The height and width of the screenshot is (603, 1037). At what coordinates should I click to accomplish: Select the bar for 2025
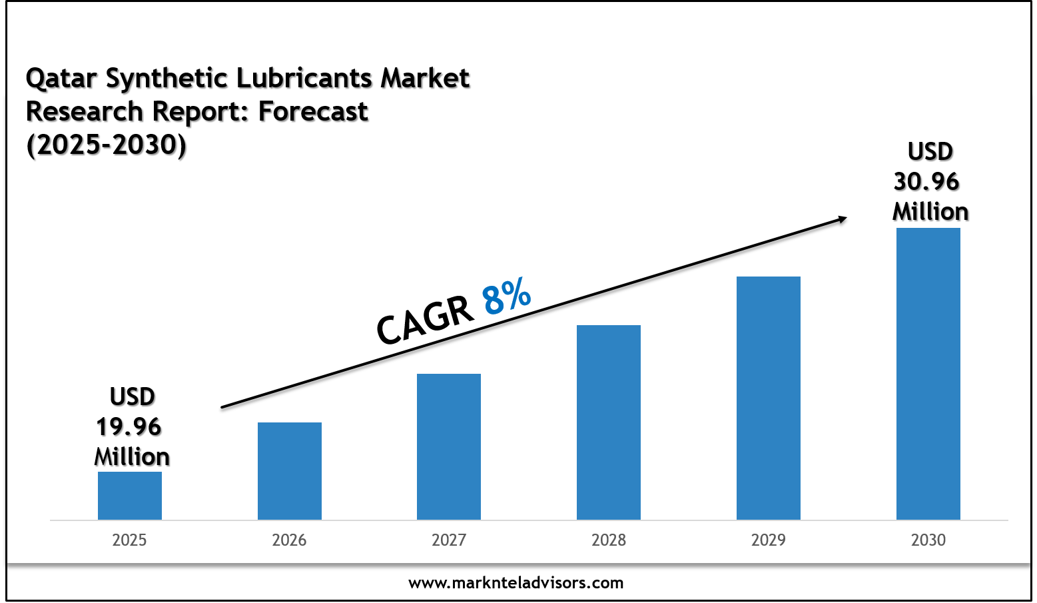coord(130,496)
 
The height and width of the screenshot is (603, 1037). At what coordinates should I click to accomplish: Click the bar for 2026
coord(290,471)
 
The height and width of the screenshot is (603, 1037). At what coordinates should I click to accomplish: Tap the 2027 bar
coord(449,446)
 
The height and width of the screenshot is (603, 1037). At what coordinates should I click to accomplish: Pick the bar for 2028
coord(609,422)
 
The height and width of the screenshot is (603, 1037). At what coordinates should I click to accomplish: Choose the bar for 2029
coord(769,398)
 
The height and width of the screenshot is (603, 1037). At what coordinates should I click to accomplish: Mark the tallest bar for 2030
coord(928,374)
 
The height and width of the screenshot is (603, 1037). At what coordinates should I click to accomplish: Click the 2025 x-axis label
coord(129,540)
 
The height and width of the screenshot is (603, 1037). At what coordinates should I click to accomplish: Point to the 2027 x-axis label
coord(449,540)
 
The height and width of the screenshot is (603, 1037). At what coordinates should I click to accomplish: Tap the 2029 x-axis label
coord(769,540)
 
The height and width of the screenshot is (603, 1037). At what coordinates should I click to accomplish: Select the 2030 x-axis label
coord(928,540)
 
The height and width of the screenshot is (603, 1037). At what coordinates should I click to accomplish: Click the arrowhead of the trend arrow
coord(842,218)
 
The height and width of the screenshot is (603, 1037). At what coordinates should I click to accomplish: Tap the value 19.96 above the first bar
coord(129,426)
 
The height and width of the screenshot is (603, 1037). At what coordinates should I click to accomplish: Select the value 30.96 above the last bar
coord(926,181)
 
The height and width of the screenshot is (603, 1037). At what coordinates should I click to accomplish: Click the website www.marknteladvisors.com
coord(516,583)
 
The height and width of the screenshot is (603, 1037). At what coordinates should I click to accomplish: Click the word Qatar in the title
coord(62,79)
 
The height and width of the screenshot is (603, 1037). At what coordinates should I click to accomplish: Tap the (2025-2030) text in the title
coord(107,145)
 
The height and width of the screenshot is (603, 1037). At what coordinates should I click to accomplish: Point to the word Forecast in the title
coord(313,111)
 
